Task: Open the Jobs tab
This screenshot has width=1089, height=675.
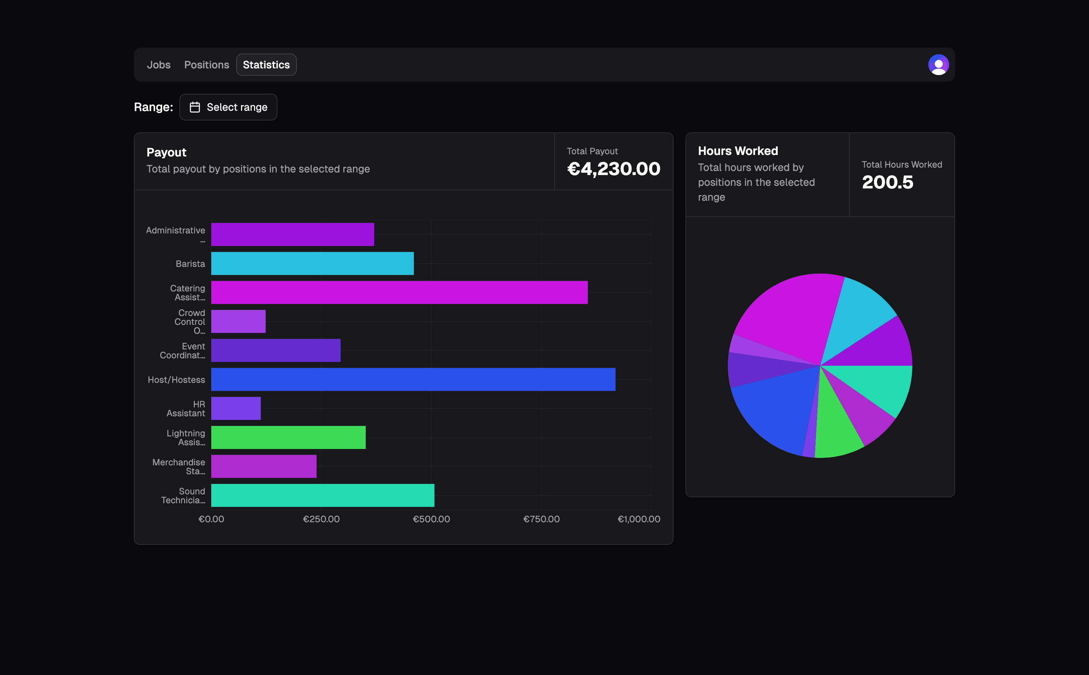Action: click(158, 65)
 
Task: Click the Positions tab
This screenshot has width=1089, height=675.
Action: click(206, 65)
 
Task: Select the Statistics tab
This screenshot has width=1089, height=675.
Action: click(266, 65)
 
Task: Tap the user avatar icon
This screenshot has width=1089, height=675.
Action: click(938, 65)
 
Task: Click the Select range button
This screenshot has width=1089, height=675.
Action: click(228, 107)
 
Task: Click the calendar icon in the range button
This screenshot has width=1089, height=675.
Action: click(195, 107)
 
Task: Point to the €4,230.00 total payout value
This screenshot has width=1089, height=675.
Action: click(613, 169)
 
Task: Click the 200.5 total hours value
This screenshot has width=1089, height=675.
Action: click(887, 182)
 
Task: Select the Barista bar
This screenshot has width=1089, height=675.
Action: click(312, 264)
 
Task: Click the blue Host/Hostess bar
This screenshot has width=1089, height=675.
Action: click(413, 380)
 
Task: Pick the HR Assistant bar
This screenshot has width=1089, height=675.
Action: click(236, 408)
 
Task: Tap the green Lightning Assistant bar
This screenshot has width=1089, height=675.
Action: click(288, 437)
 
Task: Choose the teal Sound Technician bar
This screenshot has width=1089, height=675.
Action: click(322, 495)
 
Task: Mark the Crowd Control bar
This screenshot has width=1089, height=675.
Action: click(238, 322)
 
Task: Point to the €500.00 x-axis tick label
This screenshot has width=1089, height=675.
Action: click(431, 519)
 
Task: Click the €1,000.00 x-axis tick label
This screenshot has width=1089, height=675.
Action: click(638, 519)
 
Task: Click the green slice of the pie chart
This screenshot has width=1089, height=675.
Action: click(835, 429)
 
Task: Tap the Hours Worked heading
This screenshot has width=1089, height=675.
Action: click(738, 151)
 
